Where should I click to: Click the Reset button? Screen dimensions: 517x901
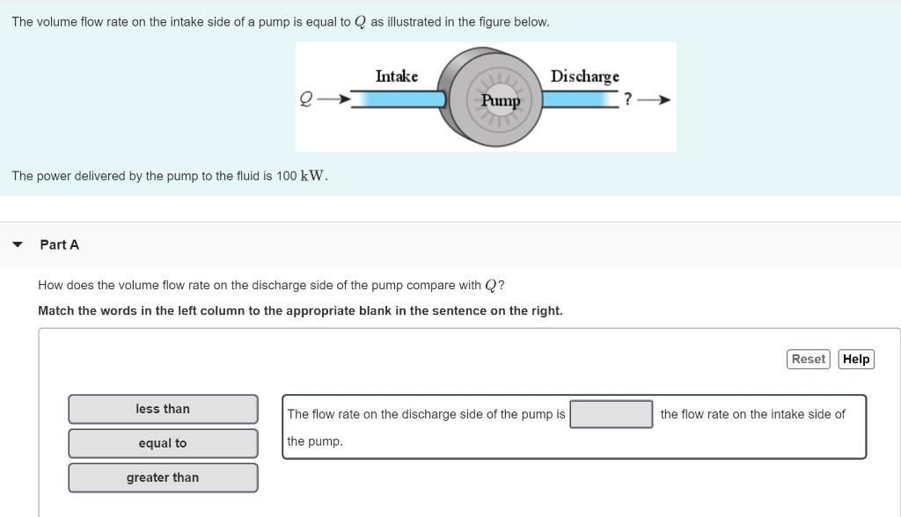[808, 359]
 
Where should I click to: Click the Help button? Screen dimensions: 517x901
[855, 359]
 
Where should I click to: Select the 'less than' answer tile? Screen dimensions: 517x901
[163, 409]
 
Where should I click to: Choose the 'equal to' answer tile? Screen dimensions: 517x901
[163, 443]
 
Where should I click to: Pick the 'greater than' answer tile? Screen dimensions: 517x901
[163, 477]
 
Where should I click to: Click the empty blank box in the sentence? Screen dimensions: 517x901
[611, 414]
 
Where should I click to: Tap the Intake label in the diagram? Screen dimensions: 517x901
[397, 76]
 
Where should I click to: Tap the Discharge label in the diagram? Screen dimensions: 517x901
[584, 76]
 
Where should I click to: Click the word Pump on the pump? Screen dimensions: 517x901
[501, 100]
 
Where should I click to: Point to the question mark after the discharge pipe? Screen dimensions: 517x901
[627, 99]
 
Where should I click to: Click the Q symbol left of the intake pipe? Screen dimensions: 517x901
[306, 99]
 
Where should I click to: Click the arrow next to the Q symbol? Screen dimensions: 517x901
[333, 99]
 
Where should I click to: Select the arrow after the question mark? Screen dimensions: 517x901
[656, 99]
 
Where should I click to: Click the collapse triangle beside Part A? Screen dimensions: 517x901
[17, 244]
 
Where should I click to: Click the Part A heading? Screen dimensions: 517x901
[59, 244]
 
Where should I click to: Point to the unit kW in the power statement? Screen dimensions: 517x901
[313, 176]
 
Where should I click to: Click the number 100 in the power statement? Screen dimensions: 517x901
[286, 176]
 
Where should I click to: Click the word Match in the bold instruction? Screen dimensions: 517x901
[55, 310]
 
